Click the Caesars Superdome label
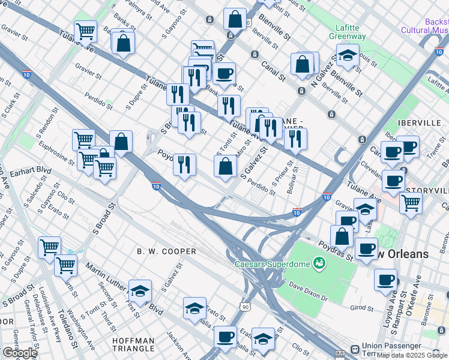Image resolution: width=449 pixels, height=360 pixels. (x=274, y=264)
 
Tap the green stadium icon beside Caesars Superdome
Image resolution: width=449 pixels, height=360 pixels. (x=319, y=263)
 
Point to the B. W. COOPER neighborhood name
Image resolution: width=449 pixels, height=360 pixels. (x=166, y=251)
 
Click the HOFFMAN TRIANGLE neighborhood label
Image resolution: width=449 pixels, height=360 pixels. (x=133, y=345)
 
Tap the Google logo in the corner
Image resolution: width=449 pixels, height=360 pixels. (x=19, y=353)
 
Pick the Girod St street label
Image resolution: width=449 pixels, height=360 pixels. (x=361, y=308)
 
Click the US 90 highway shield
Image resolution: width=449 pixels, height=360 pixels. (x=246, y=307)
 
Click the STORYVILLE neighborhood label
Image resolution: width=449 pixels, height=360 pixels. (x=428, y=191)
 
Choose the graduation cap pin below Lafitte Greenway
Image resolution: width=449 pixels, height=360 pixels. (x=348, y=56)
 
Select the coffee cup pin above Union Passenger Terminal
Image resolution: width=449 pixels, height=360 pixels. (x=385, y=278)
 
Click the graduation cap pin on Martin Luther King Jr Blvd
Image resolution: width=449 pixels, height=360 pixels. (x=140, y=292)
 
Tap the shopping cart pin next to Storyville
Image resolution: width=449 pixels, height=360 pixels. (x=411, y=202)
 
